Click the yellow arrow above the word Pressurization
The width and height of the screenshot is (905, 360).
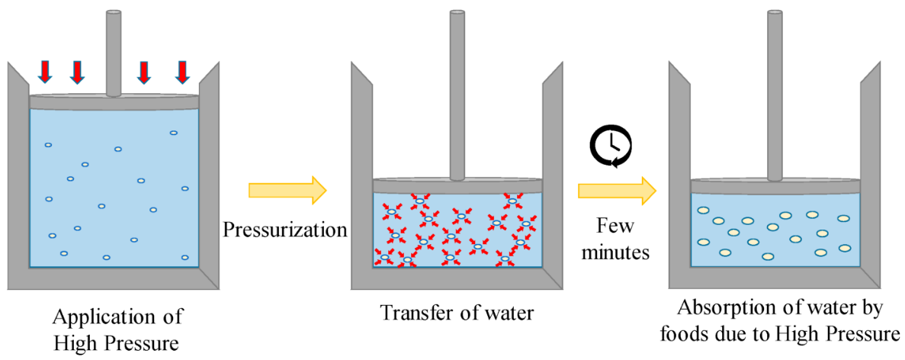click(287, 190)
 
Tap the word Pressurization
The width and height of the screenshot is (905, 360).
click(286, 229)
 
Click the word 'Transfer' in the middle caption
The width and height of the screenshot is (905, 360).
click(413, 313)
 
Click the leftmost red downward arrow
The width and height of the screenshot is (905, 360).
click(45, 71)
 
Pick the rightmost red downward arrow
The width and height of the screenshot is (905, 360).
click(181, 71)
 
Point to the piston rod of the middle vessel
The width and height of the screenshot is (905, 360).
click(457, 92)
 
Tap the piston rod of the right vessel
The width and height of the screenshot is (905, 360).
click(775, 92)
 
